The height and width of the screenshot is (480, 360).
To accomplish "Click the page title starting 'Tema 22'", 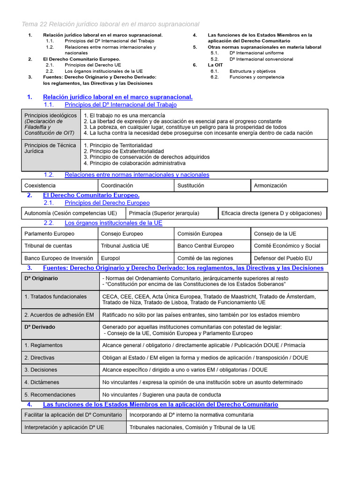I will (110, 24).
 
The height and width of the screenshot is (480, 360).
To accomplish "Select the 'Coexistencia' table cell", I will (40, 186).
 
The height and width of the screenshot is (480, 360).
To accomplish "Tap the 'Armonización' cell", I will (270, 186).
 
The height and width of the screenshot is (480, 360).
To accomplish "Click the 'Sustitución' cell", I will (191, 186).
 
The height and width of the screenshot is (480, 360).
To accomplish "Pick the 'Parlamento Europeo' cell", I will (49, 233).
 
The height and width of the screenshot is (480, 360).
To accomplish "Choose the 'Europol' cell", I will (111, 258).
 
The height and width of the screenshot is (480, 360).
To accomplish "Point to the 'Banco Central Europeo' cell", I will (205, 246).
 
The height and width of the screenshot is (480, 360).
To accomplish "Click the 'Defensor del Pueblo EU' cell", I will (283, 258).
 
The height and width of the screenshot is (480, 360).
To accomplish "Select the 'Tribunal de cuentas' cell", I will (48, 246).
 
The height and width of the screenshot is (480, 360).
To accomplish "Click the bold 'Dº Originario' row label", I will (41, 278).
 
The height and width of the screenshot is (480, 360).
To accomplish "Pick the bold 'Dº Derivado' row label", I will (40, 327).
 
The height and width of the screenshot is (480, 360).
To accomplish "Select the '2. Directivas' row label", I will (39, 357).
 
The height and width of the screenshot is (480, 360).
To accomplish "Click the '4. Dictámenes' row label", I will (41, 382).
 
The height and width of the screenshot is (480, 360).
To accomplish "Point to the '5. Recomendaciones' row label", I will (50, 395).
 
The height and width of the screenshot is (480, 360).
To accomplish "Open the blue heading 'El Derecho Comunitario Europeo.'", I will (91, 195).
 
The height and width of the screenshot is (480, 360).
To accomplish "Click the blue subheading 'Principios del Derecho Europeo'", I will (107, 203).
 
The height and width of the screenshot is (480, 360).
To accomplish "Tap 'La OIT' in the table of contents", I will (215, 65).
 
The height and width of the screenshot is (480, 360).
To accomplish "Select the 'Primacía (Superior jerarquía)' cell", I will (164, 213).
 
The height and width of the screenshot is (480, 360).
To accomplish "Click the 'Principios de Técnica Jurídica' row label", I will (50, 148).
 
